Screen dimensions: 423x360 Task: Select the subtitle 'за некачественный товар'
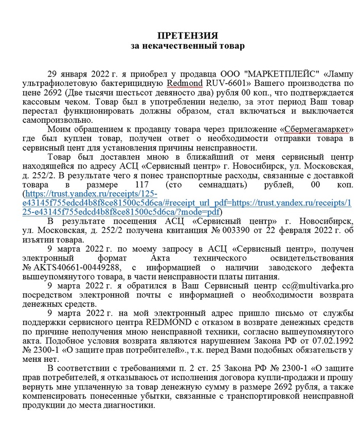[x=187, y=46]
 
